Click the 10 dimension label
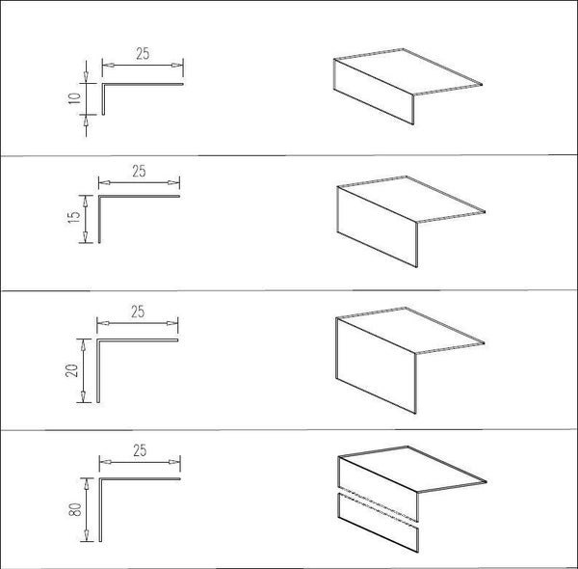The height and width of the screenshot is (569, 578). (74, 98)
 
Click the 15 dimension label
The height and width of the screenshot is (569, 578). (74, 216)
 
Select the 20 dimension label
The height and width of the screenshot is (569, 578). (72, 370)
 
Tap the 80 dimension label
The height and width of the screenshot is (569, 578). (75, 509)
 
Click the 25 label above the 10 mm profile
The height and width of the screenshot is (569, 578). (143, 53)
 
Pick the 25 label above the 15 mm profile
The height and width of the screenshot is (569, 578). (139, 171)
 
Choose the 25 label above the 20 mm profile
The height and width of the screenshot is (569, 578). (138, 312)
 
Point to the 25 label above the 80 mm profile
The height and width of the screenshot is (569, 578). (140, 450)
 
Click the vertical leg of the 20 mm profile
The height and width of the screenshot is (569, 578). (98, 371)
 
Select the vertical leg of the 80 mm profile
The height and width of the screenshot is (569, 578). (100, 510)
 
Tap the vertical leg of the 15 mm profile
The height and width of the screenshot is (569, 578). (99, 219)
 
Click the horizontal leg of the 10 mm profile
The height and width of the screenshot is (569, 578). (143, 84)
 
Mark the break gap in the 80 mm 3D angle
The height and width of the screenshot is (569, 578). (379, 504)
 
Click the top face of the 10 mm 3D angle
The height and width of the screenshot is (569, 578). (408, 71)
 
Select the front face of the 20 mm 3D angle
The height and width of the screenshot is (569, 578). (376, 366)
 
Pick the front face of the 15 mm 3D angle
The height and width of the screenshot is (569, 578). (378, 227)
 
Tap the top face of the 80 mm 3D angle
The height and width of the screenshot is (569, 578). (412, 469)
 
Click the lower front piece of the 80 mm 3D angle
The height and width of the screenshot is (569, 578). (379, 523)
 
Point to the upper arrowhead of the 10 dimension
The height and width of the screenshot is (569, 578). (86, 76)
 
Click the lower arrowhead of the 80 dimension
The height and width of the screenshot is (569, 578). (87, 535)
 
